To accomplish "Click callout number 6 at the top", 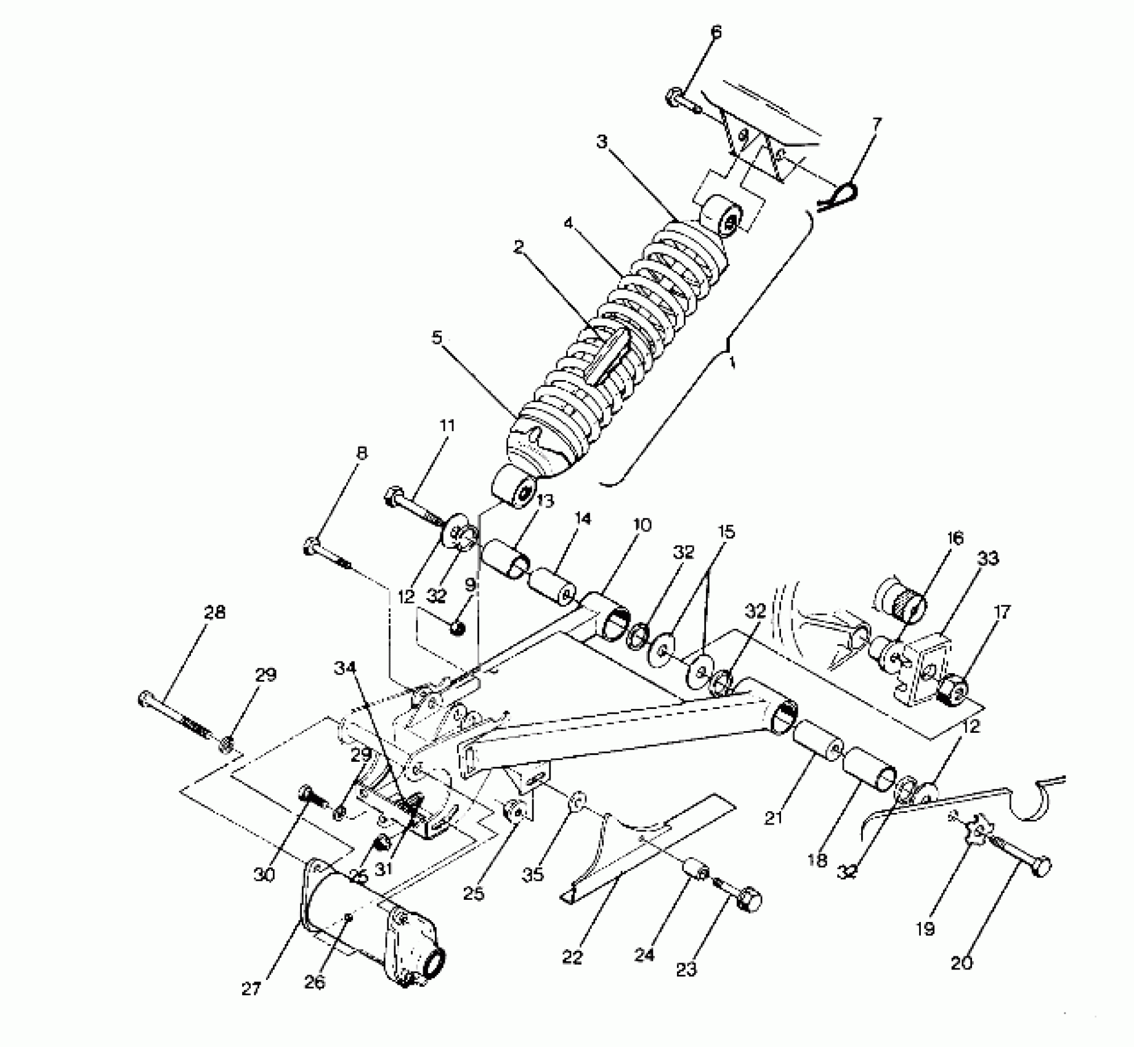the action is click(x=716, y=32).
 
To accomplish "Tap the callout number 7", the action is click(x=877, y=124).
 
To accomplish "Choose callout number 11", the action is click(x=447, y=425).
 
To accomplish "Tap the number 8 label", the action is click(x=362, y=454).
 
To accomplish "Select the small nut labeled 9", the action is click(x=456, y=628).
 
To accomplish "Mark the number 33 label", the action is click(x=989, y=559).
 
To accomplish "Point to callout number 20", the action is click(x=962, y=961).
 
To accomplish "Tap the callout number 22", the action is click(x=572, y=956).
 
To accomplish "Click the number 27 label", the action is click(x=252, y=989).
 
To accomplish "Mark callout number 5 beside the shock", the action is click(x=437, y=338).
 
